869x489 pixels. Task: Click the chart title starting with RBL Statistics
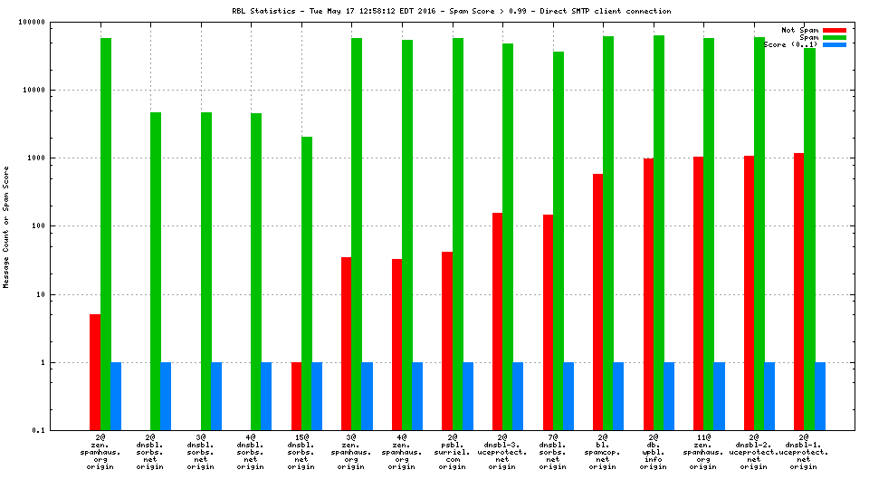coord(450,11)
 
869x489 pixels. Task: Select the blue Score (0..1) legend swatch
coord(833,44)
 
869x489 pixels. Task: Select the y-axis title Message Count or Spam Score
coord(6,226)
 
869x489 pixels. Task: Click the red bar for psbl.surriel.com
coord(447,340)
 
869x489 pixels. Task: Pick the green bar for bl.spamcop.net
coord(608,233)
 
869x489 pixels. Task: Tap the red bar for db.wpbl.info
coord(648,294)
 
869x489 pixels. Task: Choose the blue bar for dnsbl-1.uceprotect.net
coord(820,396)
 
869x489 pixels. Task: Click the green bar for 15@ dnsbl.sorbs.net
coord(306,283)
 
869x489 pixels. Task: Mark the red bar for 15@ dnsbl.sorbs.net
coord(296,396)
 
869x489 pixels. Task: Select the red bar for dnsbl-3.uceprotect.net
coord(497,321)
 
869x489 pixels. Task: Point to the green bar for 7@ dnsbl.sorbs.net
coord(559,241)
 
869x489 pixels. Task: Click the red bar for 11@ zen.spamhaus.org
coord(699,293)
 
